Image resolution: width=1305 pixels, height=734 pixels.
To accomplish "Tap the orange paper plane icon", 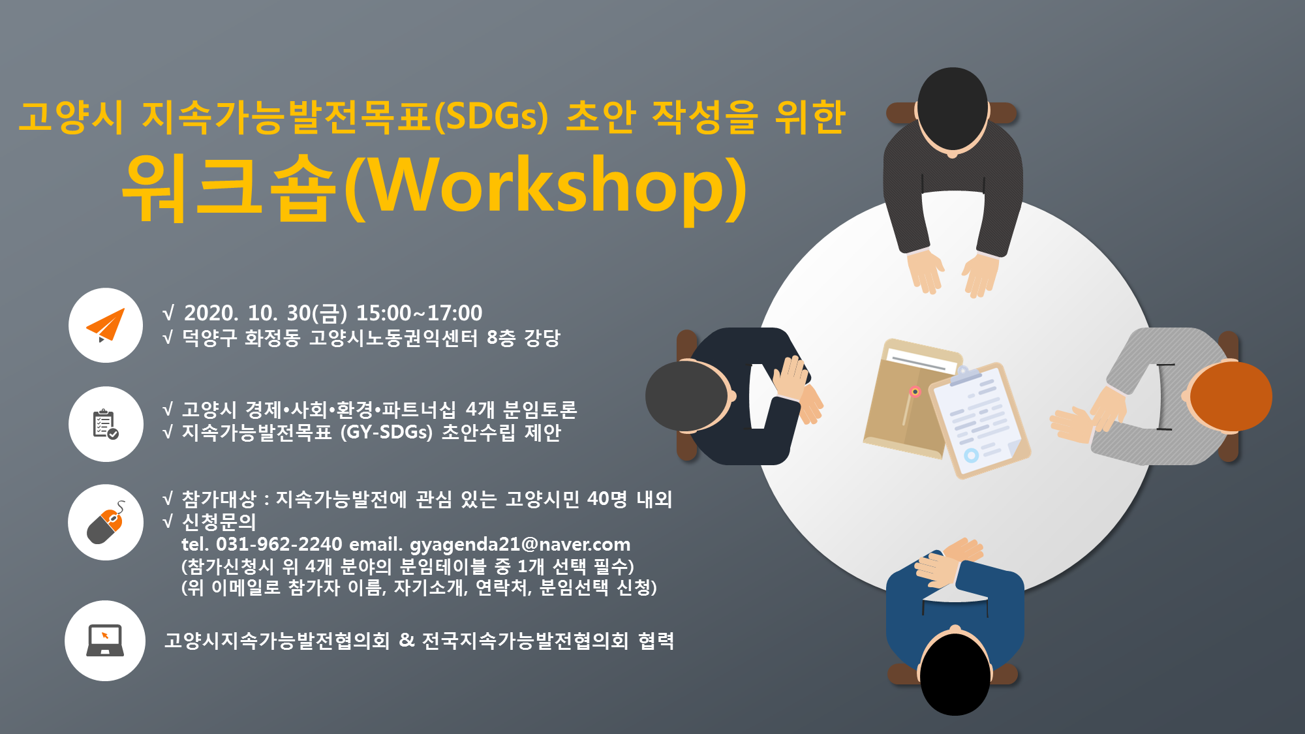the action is click(x=106, y=325).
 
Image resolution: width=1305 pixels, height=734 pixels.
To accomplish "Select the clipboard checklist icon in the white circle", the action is click(x=105, y=424).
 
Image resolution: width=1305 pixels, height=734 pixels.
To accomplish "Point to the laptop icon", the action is click(x=105, y=641).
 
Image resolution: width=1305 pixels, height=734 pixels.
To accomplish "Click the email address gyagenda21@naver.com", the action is click(x=520, y=544).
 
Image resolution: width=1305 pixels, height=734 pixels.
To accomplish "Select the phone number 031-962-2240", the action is click(x=279, y=543).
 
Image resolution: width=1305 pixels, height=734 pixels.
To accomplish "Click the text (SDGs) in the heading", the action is click(x=491, y=117).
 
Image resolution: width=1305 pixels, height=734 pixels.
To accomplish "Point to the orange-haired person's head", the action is click(x=1229, y=396).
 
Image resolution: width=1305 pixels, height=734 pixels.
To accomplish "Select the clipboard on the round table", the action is click(x=979, y=420).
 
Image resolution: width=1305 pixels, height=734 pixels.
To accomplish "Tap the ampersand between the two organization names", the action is click(x=407, y=640).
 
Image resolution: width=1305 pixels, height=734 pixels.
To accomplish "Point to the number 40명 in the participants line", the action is click(x=607, y=499).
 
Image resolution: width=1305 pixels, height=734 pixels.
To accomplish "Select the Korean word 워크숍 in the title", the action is click(x=229, y=187).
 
